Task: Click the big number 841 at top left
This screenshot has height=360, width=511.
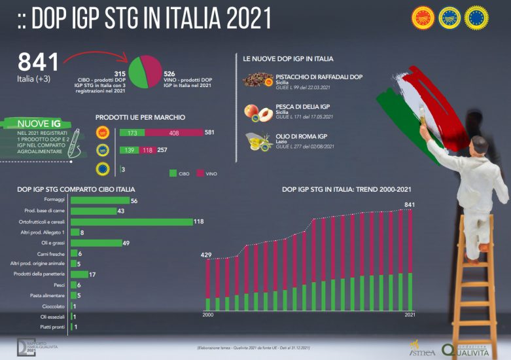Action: [x=38, y=63]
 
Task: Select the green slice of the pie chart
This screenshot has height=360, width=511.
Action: [x=137, y=73]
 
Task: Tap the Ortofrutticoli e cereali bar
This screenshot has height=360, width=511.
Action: [x=131, y=222]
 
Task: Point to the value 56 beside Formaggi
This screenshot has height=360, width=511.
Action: [x=134, y=201]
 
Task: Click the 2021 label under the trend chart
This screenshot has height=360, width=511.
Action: [x=409, y=315]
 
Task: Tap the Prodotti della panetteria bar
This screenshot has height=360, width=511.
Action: [x=79, y=274]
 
